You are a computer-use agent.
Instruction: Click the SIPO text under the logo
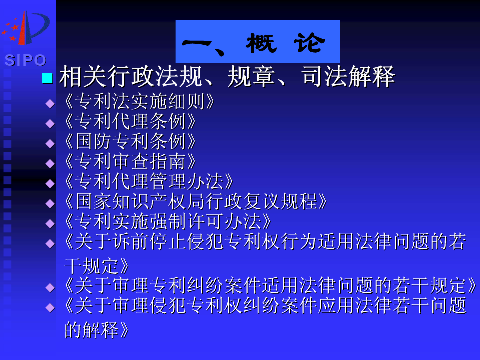coord(25,60)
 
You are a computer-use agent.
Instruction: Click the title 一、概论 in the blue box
coord(254,43)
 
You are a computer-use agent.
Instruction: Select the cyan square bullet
coord(47,78)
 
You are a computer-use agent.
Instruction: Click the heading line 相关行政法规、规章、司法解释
coord(227,76)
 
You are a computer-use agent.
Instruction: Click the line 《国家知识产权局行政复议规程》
coord(195,202)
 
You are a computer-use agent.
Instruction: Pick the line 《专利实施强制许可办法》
coord(167,221)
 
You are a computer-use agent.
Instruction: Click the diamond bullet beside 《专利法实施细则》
coord(50,103)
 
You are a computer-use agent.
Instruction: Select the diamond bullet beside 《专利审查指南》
coord(50,163)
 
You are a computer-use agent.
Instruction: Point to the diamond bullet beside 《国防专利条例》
coord(50,144)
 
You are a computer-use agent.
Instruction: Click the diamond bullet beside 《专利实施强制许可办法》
coord(50,224)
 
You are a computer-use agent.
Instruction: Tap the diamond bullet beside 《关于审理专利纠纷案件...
coord(50,288)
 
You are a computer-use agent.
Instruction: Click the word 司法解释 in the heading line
coord(348,76)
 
